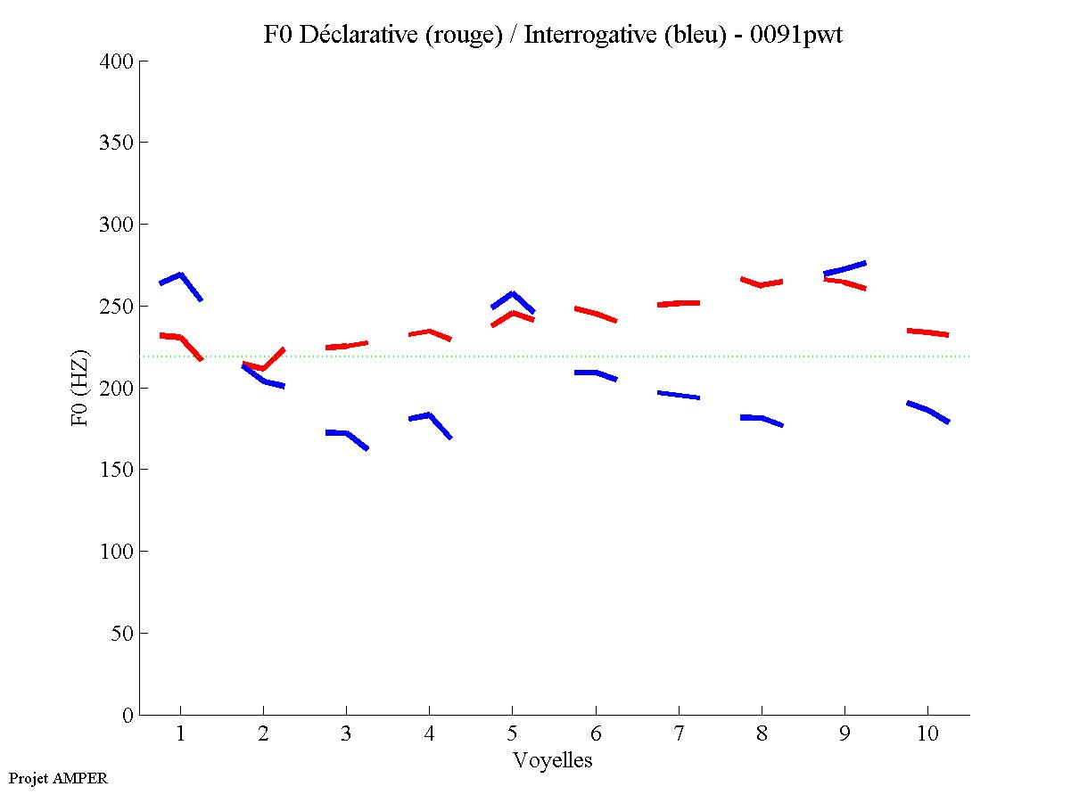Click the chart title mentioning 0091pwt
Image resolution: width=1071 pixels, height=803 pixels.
click(x=553, y=35)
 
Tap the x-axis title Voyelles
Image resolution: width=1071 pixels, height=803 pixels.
click(x=553, y=760)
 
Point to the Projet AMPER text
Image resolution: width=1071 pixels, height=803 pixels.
click(x=58, y=778)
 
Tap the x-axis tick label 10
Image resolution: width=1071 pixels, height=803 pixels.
click(x=927, y=735)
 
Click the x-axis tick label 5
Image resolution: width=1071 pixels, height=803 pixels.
click(x=512, y=735)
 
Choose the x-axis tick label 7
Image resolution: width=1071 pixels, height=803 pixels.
click(x=679, y=735)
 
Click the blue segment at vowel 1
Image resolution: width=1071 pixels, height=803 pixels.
click(x=181, y=275)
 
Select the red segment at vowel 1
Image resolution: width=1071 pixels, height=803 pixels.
click(x=181, y=338)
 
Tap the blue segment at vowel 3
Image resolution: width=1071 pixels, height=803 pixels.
click(x=346, y=433)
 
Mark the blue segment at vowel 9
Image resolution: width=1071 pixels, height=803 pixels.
click(x=844, y=268)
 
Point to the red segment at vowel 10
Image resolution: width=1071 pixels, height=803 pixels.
click(x=927, y=332)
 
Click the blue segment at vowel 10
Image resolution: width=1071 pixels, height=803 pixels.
click(x=927, y=410)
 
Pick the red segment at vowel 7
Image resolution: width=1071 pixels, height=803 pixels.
click(x=679, y=303)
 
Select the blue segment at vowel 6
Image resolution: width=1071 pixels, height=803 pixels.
click(x=596, y=373)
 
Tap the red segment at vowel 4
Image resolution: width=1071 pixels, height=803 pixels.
click(x=429, y=332)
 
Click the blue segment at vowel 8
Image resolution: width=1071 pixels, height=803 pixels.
click(x=762, y=418)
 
